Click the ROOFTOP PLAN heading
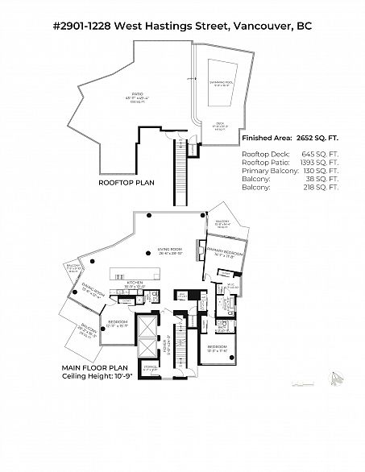[x=127, y=183]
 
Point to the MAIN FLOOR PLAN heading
[x=93, y=367]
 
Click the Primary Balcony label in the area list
[x=269, y=171]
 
